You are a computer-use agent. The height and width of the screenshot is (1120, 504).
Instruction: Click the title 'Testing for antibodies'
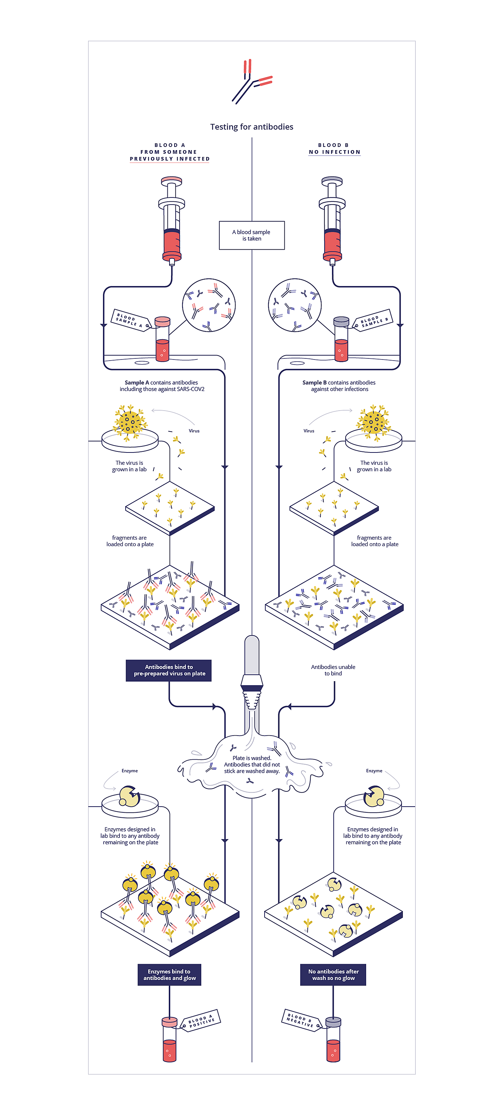pyautogui.click(x=252, y=126)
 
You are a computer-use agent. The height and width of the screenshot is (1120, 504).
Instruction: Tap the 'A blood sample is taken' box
pyautogui.click(x=252, y=235)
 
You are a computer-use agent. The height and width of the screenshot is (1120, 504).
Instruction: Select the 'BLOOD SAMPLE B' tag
pyautogui.click(x=374, y=320)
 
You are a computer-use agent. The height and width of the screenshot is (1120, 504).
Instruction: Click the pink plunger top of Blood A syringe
pyautogui.click(x=171, y=180)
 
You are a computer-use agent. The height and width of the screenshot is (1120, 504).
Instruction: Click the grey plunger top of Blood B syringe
pyautogui.click(x=332, y=180)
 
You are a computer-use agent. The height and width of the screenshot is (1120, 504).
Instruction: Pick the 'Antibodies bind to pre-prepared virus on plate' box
pyautogui.click(x=168, y=670)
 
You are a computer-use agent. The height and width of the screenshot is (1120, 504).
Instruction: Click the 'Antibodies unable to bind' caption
pyautogui.click(x=333, y=670)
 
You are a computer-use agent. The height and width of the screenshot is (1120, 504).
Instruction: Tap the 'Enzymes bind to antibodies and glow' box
pyautogui.click(x=170, y=974)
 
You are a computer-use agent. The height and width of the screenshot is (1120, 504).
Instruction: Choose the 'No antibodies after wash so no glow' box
pyautogui.click(x=333, y=974)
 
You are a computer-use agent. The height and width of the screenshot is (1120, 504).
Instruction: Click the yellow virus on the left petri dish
pyautogui.click(x=130, y=421)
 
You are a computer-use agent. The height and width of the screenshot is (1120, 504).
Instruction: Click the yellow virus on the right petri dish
pyautogui.click(x=373, y=421)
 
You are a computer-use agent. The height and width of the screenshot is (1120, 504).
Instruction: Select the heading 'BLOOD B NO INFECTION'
pyautogui.click(x=334, y=149)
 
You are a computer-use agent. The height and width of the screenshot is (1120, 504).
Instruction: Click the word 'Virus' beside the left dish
pyautogui.click(x=194, y=431)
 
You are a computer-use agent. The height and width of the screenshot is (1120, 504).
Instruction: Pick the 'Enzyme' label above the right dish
pyautogui.click(x=374, y=771)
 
